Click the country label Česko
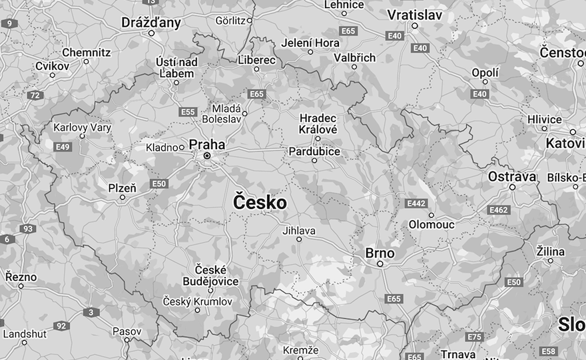[260, 203]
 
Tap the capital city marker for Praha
[207, 156]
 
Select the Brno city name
[380, 254]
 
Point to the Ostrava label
[511, 176]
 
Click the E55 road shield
[188, 112]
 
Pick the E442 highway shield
[416, 203]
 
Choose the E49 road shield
[63, 147]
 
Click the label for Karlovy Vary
[82, 126]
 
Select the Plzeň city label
[122, 188]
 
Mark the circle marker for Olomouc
[432, 215]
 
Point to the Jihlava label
[299, 231]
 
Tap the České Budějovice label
[210, 275]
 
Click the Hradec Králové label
[318, 123]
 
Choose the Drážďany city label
[151, 23]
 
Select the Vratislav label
[415, 15]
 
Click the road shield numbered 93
[27, 229]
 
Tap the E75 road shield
[474, 337]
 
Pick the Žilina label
[550, 252]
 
